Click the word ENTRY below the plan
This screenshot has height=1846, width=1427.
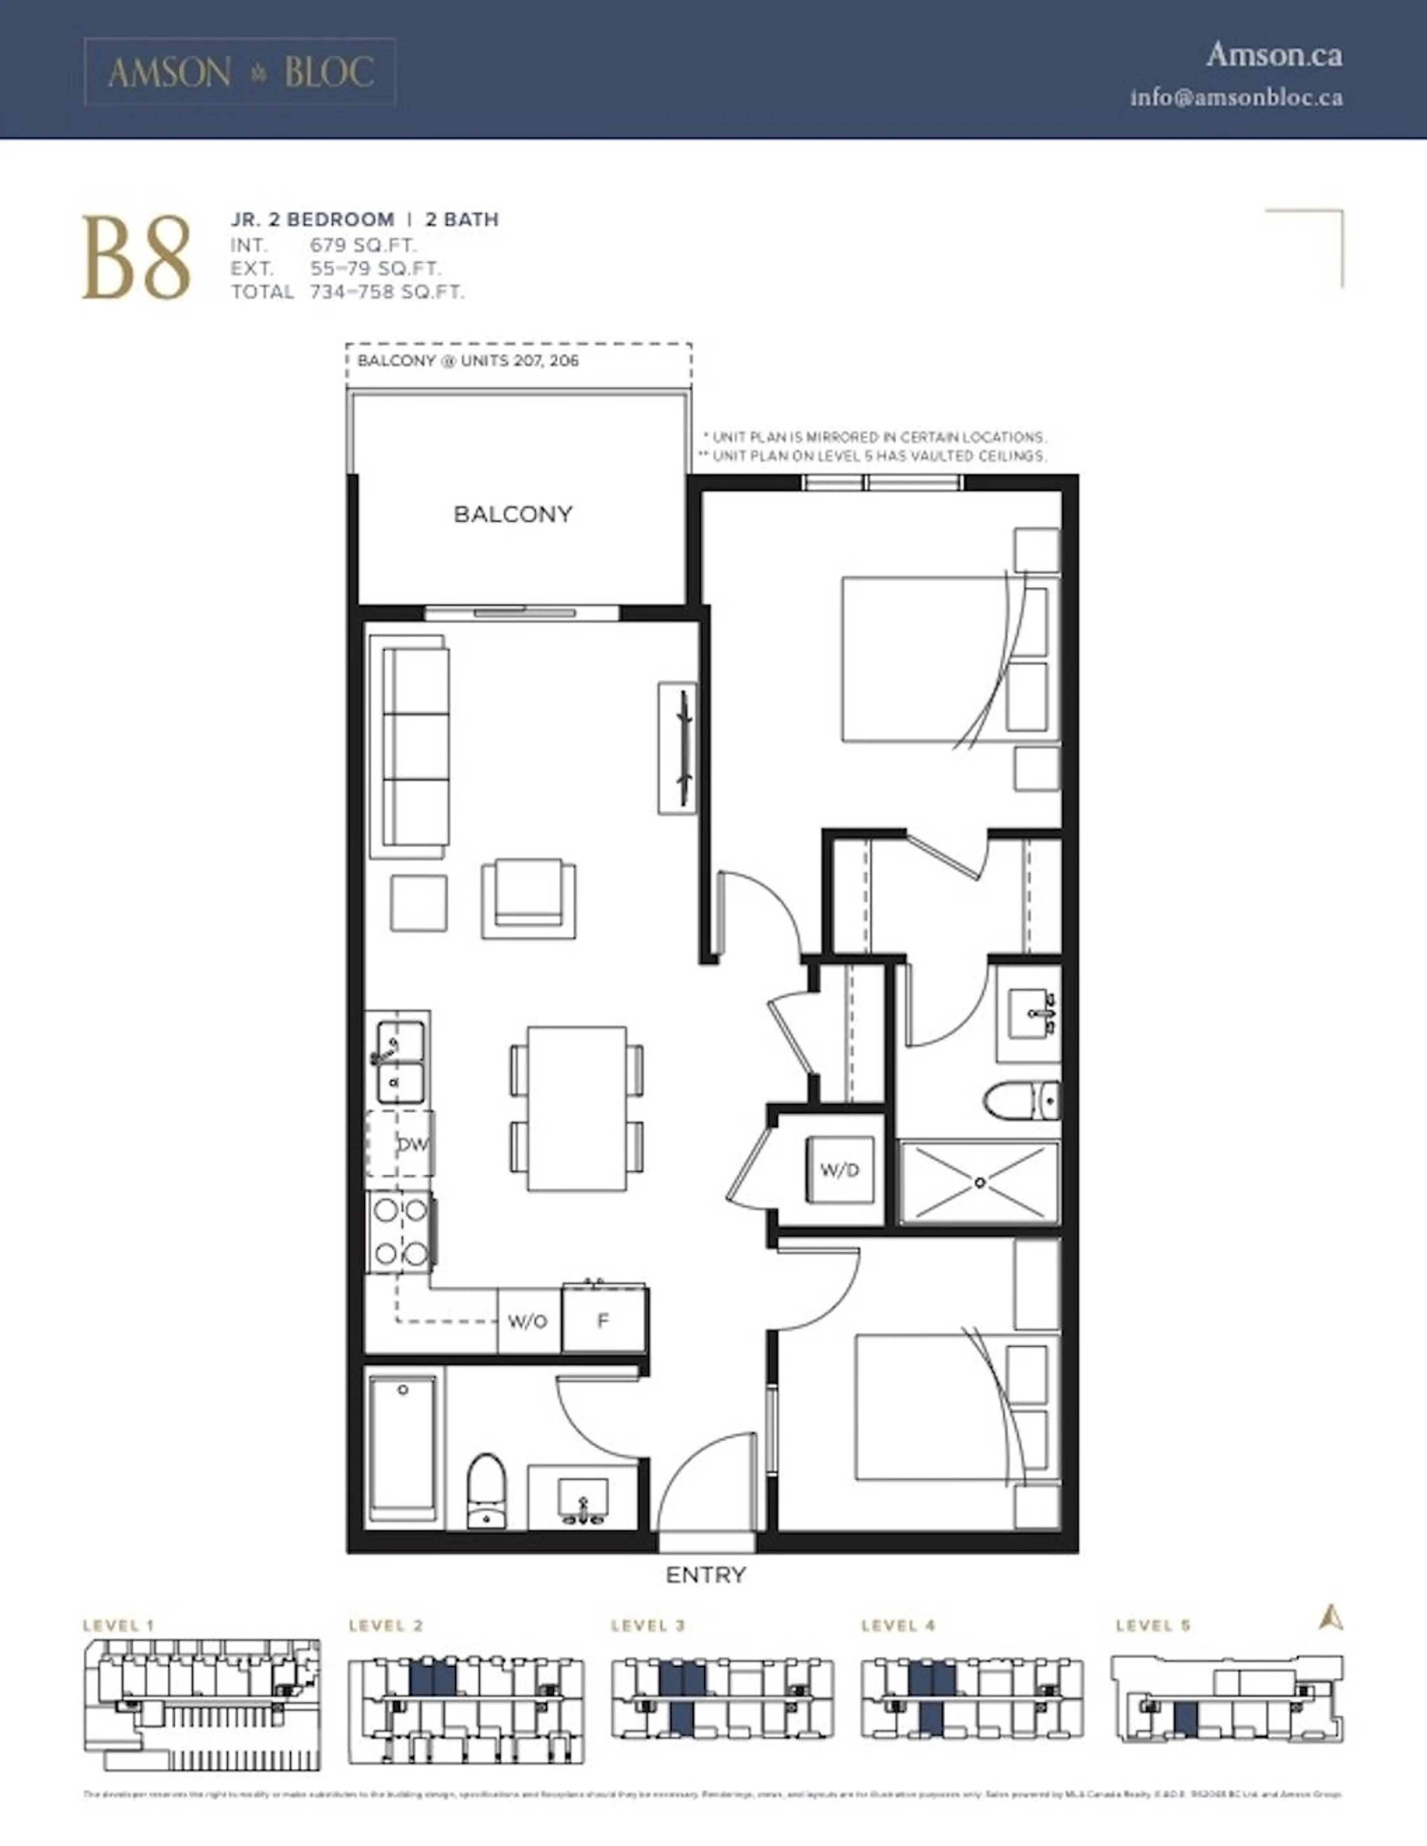click(706, 1575)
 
